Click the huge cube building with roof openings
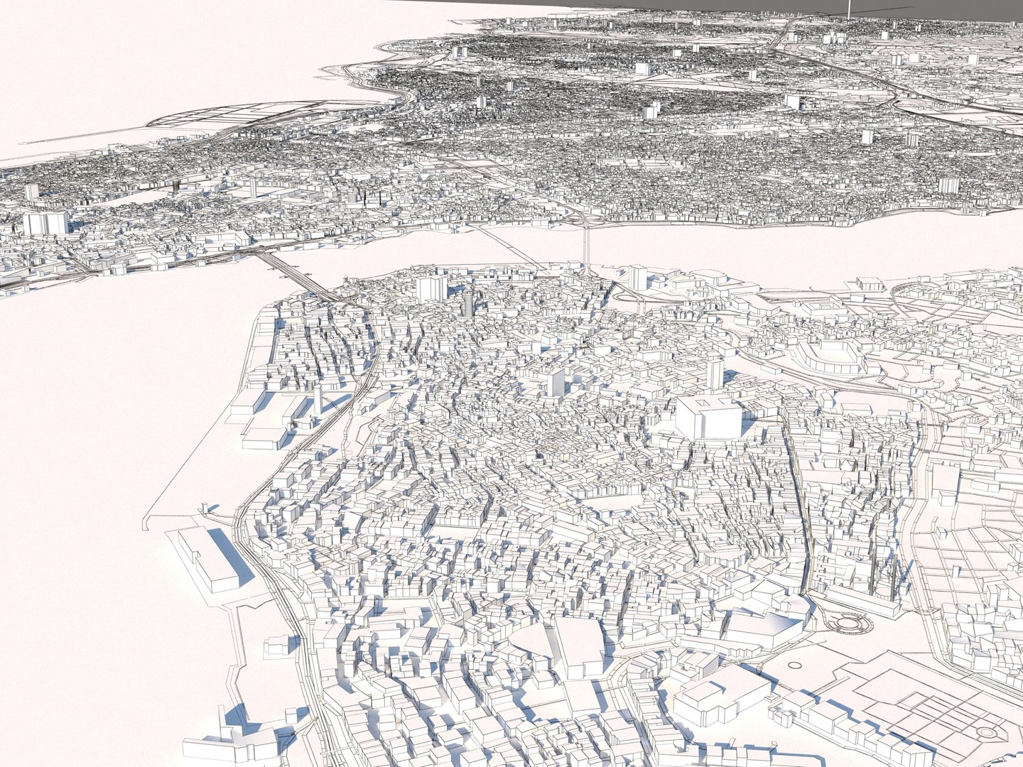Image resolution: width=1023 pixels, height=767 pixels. pos(708,418)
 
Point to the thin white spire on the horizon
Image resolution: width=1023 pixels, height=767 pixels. pos(849,9)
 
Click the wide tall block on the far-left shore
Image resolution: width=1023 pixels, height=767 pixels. pos(45,222)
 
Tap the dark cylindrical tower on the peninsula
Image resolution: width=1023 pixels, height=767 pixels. pos(467,304)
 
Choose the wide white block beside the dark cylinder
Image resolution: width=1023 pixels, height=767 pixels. pos(431,288)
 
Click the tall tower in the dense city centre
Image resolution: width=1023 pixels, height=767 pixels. pos(556,383)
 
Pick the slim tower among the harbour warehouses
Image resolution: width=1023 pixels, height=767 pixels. pos(318,401)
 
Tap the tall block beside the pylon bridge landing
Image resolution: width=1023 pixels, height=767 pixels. pos(637,277)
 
